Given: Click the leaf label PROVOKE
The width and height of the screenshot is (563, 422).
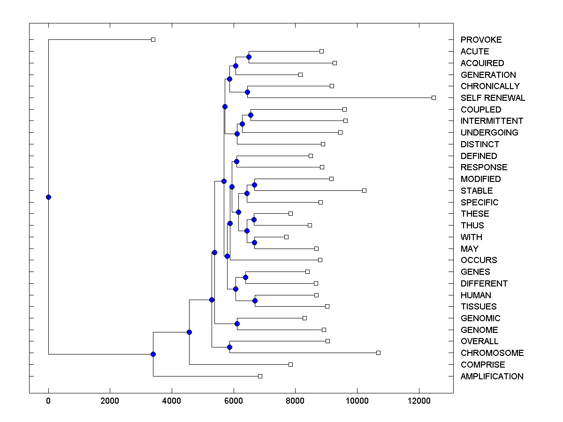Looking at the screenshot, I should [481, 40].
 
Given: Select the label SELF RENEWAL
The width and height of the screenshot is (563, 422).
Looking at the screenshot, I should [493, 98].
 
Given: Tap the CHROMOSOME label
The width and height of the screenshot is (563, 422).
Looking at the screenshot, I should [492, 353].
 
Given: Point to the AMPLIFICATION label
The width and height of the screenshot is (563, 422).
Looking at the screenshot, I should [492, 377].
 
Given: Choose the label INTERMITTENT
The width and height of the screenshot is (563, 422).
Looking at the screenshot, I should [492, 121].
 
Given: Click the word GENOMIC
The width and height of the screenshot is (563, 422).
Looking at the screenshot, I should [480, 318].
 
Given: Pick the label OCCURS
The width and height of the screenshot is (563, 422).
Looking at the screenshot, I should [479, 260].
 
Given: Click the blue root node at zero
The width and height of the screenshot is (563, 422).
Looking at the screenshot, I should [48, 197].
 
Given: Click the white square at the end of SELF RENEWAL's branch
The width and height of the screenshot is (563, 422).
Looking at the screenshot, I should [434, 98].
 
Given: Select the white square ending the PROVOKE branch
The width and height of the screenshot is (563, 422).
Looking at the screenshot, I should [153, 39].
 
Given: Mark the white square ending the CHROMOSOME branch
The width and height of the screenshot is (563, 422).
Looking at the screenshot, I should [378, 353].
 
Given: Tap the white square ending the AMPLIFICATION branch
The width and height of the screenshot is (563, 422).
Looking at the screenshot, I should [260, 376].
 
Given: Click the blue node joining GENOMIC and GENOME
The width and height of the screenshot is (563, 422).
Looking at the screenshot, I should [237, 324].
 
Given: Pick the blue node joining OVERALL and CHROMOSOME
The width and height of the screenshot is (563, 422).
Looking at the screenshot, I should [229, 347].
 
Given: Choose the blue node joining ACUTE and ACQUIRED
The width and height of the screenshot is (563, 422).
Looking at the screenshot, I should [249, 57].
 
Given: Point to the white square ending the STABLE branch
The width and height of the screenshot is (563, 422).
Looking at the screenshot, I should [364, 190].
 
